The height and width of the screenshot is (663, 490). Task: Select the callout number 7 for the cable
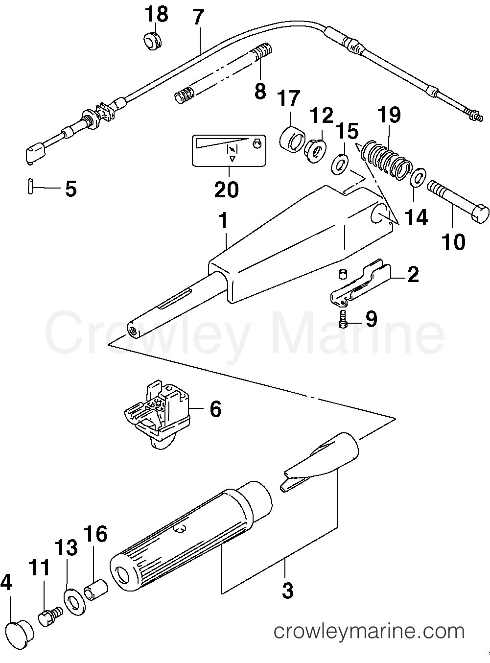[x=197, y=18]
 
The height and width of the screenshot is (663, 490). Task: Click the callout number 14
[x=416, y=216]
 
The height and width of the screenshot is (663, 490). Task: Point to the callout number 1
[x=223, y=221]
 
